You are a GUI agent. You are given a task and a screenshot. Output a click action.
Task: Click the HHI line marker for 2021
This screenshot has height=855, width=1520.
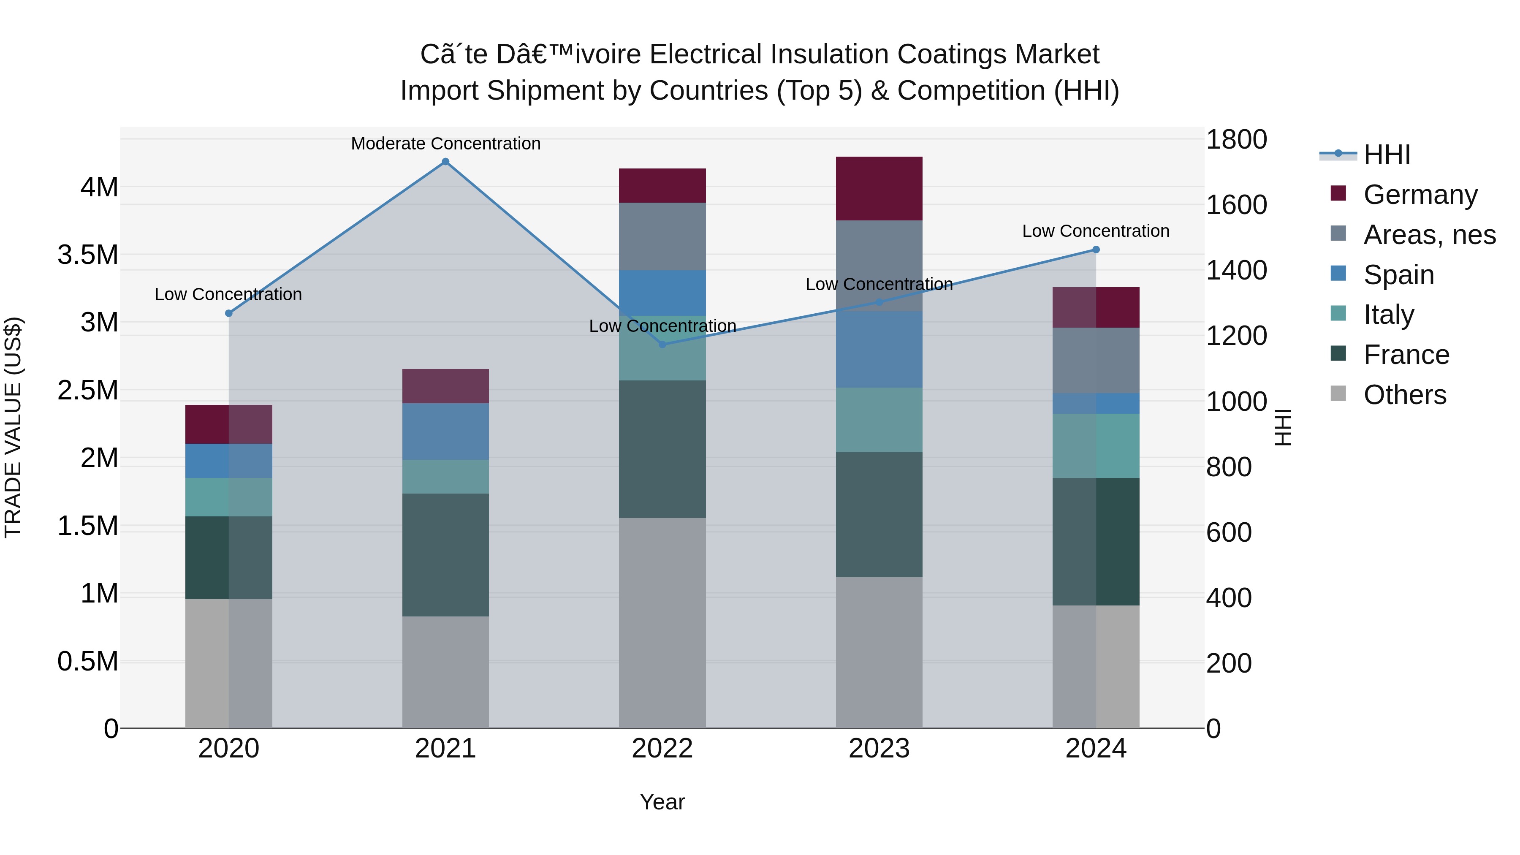coord(445,162)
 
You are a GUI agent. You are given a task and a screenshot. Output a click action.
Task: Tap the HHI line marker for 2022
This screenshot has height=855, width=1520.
coord(662,344)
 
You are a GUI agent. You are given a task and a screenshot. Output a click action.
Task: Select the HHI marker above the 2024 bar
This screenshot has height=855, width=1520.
coord(1096,250)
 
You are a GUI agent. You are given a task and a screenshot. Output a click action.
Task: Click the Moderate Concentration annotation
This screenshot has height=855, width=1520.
coord(445,144)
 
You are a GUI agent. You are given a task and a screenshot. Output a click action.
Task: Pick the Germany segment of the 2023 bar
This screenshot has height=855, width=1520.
coord(879,189)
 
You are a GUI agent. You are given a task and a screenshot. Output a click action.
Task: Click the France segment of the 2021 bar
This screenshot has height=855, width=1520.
coord(445,555)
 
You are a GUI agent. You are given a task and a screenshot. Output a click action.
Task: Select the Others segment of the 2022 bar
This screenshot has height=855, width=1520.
coord(662,622)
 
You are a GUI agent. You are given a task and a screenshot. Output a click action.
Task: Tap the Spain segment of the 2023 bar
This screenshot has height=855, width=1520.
coord(879,349)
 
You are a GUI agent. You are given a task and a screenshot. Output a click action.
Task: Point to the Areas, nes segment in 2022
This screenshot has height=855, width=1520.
coord(662,236)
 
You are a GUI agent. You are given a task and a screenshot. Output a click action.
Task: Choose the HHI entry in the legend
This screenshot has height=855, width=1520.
coord(1387,155)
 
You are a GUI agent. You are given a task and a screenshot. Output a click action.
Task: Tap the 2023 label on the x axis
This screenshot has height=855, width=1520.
coord(879,749)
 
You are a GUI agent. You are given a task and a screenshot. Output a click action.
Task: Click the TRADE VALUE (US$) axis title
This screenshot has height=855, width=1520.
coord(14,427)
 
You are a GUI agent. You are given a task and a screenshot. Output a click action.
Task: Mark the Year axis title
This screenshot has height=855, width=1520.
coord(662,802)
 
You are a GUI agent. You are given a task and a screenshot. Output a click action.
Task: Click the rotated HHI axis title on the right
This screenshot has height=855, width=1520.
coord(1283,427)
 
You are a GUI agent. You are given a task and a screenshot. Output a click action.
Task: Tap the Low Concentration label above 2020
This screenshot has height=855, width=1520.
coord(228,294)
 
